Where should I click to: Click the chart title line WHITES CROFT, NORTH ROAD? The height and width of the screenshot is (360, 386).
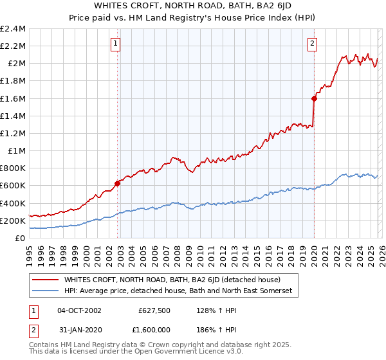coord(192,5)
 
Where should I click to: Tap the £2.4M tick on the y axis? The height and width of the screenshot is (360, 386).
coord(13,29)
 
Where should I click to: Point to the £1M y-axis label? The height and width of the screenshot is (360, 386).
coord(17,151)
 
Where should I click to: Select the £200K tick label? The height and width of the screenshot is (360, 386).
coord(13,221)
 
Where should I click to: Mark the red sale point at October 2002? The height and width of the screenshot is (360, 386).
coord(117,183)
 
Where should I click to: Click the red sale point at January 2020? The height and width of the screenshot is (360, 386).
coord(314,98)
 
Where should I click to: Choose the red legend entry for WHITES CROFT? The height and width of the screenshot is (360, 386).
coord(172,280)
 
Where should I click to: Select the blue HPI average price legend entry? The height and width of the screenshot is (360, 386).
coord(178,291)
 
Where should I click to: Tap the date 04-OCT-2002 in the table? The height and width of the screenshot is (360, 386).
coord(79,310)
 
